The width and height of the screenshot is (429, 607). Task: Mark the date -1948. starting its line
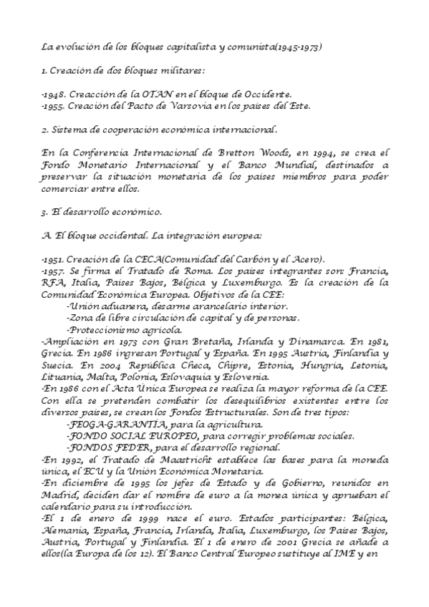click(x=55, y=94)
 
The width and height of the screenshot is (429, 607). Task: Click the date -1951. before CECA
click(x=54, y=259)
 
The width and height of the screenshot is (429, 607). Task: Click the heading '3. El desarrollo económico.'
click(x=102, y=212)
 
